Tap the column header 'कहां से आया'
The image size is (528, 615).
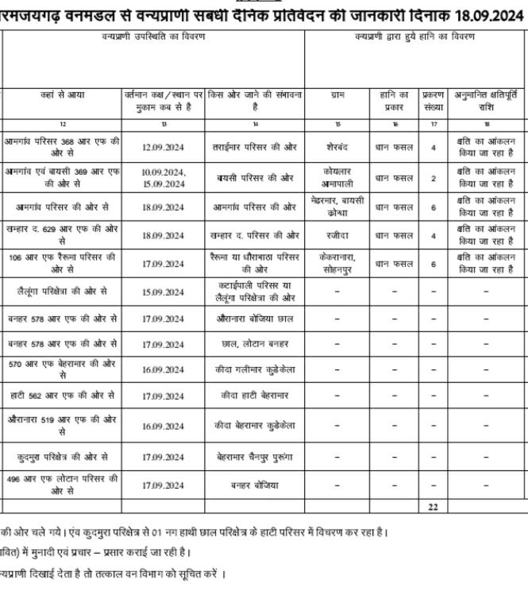click(x=62, y=95)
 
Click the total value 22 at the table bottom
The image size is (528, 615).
click(x=433, y=505)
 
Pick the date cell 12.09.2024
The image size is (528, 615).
click(x=164, y=147)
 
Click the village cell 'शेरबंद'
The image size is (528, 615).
click(x=337, y=147)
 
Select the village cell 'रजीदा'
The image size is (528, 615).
click(x=337, y=235)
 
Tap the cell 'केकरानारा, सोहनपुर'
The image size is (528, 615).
click(x=337, y=263)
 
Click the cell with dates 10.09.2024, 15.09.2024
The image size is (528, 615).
click(x=164, y=178)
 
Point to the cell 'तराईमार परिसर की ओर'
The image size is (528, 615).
click(x=255, y=147)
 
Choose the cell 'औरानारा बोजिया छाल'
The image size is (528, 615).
click(x=255, y=319)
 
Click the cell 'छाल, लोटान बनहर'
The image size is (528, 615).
click(x=255, y=344)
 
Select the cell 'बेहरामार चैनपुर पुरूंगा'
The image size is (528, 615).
click(x=255, y=457)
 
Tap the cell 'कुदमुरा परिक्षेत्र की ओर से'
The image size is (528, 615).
click(x=62, y=457)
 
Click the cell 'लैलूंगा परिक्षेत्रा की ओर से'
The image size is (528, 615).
click(x=62, y=292)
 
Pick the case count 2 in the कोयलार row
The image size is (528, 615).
click(x=433, y=178)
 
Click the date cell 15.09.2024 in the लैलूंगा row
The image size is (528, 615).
click(x=164, y=292)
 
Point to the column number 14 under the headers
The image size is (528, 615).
click(x=255, y=124)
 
